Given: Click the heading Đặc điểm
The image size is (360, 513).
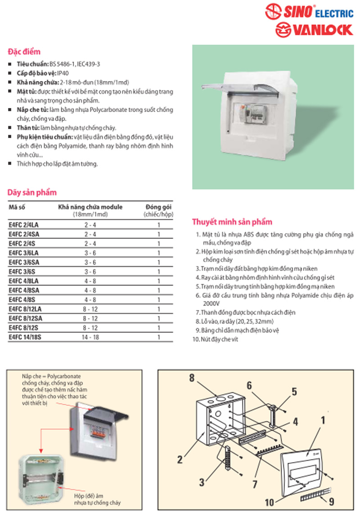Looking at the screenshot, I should tap(24, 52).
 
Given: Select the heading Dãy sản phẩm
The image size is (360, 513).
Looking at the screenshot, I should tap(32, 193).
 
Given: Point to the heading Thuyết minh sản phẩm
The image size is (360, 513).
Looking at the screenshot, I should tap(232, 222).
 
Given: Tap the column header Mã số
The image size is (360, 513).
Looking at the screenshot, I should tap(17, 207).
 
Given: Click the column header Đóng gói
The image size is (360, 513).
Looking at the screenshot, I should tap(158, 207).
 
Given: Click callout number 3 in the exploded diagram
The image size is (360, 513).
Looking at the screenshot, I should tap(201, 482).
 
